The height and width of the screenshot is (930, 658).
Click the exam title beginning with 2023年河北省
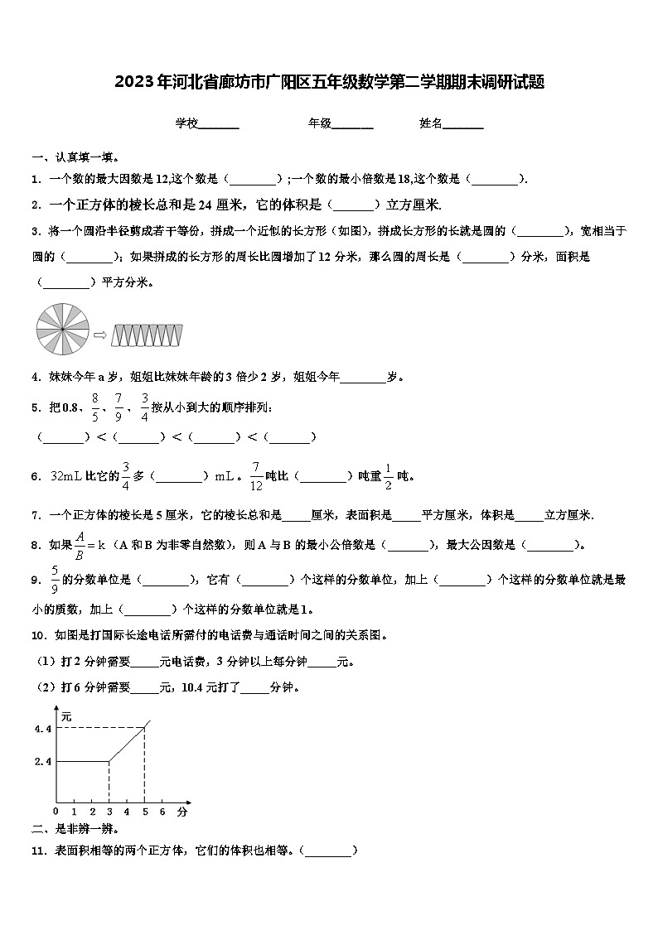(x=329, y=82)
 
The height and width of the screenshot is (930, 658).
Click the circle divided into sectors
(x=62, y=332)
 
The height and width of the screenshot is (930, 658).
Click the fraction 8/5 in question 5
(x=95, y=406)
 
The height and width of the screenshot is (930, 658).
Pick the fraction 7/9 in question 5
(x=119, y=406)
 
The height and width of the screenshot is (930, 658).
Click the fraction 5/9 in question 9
(x=55, y=579)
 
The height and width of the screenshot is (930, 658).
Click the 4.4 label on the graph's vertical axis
(x=43, y=729)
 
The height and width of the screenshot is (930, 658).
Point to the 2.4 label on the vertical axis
(x=43, y=761)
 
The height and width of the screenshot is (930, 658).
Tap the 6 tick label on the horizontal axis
(x=162, y=811)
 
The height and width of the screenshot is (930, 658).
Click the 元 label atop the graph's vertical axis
(x=66, y=715)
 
